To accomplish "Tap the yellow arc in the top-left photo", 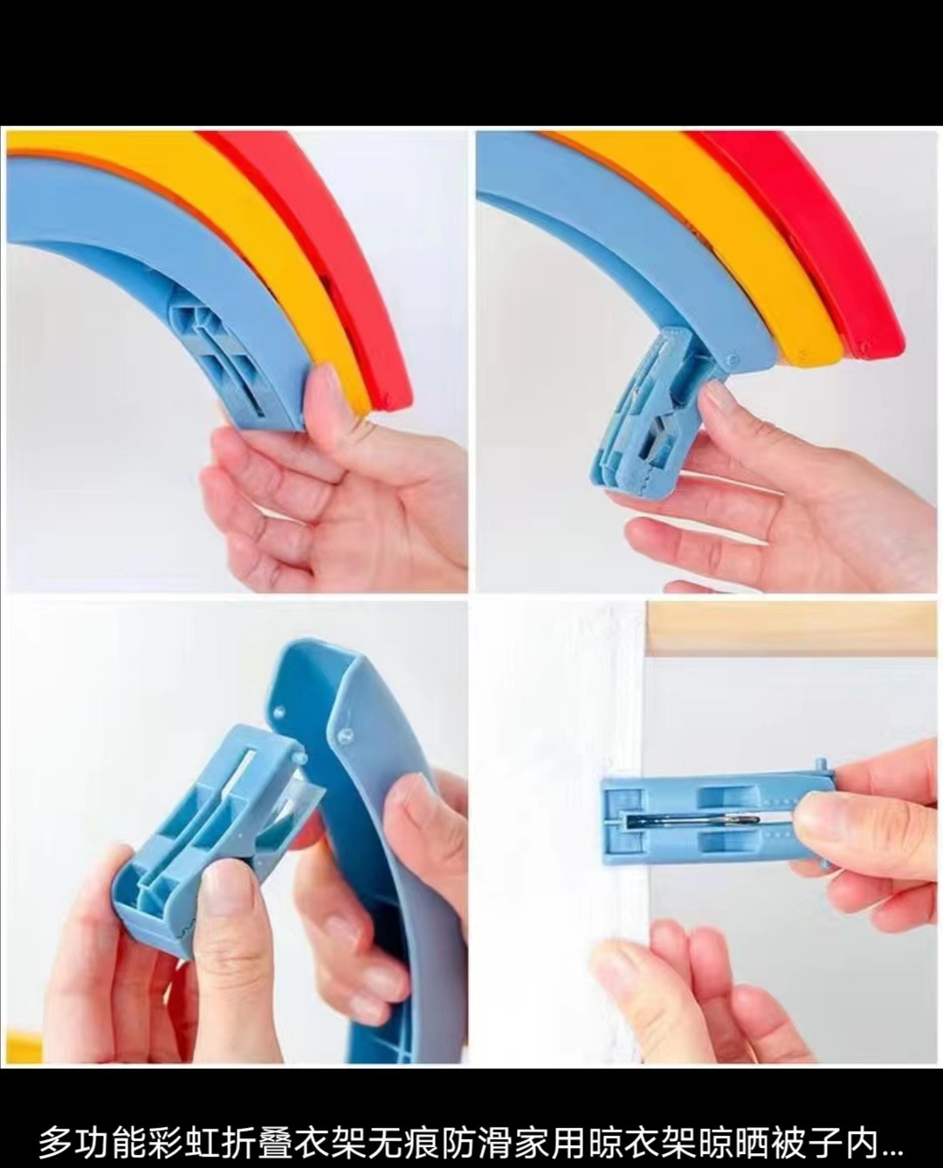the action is (274, 230).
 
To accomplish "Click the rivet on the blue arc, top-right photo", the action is (730, 359).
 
